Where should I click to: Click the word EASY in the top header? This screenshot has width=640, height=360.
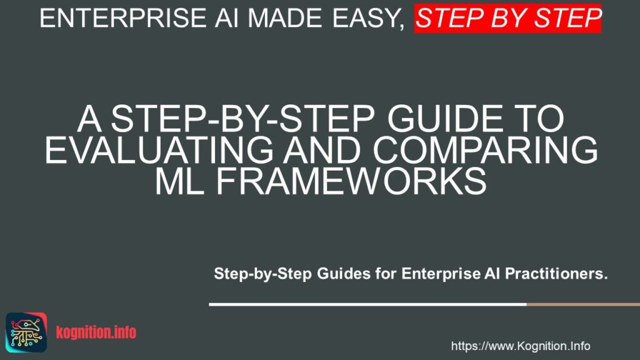(364, 18)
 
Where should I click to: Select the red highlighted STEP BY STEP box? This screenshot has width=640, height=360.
(507, 18)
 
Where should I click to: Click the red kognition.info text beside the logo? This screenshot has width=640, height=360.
(96, 332)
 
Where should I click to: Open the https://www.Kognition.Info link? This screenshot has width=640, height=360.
(520, 346)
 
